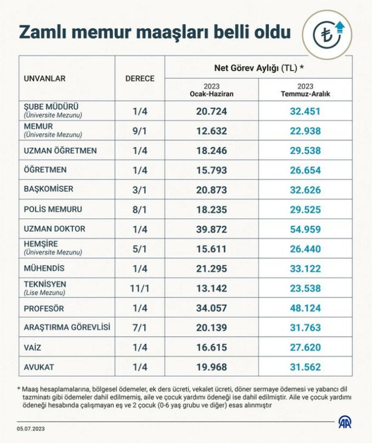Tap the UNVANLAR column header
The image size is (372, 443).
[45, 78]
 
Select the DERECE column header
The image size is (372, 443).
[140, 78]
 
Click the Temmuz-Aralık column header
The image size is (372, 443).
[305, 90]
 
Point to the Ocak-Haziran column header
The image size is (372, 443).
[212, 90]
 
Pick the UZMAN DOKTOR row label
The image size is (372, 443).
[54, 229]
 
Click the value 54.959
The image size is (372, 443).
[305, 229]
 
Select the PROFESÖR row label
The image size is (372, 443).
[44, 308]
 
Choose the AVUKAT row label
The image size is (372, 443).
[39, 367]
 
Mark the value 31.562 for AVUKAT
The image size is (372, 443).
[305, 367]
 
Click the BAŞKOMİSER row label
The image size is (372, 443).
[48, 189]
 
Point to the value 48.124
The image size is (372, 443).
[305, 308]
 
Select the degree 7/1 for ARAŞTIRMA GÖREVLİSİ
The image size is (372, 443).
[140, 328]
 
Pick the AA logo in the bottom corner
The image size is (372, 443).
[344, 422]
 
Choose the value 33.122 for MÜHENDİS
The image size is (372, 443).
[305, 268]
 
